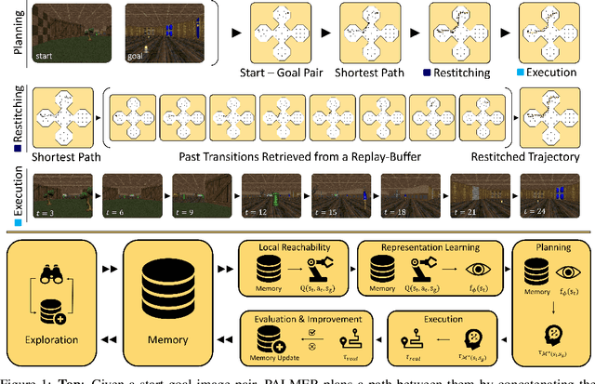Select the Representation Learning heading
(429, 249)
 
